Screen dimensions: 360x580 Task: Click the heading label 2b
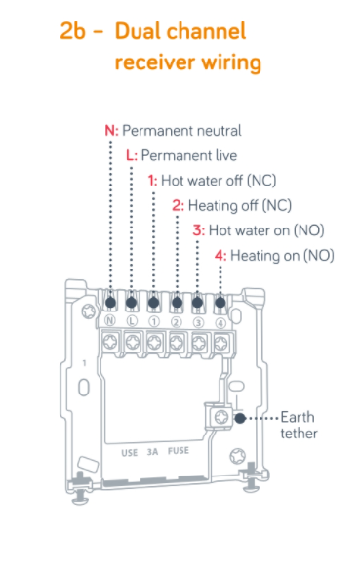pyautogui.click(x=73, y=31)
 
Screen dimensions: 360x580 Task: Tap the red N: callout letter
pyautogui.click(x=111, y=131)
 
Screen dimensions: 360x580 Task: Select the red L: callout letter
pyautogui.click(x=132, y=155)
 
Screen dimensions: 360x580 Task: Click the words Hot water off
pyautogui.click(x=202, y=181)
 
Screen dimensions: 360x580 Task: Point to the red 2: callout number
pyautogui.click(x=178, y=206)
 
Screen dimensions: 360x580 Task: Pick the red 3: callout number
pyautogui.click(x=198, y=230)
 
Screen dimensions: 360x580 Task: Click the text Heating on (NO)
pyautogui.click(x=282, y=256)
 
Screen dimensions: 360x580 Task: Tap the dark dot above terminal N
pyautogui.click(x=110, y=303)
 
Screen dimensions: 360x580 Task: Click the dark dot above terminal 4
pyautogui.click(x=220, y=303)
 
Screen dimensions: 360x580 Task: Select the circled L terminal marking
pyautogui.click(x=132, y=321)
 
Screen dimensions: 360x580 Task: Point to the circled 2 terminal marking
pyautogui.click(x=177, y=322)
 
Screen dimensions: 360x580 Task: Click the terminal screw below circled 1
pyautogui.click(x=154, y=342)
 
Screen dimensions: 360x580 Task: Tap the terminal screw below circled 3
pyautogui.click(x=199, y=344)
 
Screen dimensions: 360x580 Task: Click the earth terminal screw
pyautogui.click(x=221, y=417)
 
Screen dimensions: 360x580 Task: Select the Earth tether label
pyautogui.click(x=299, y=426)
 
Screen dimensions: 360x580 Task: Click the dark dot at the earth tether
pyautogui.click(x=240, y=418)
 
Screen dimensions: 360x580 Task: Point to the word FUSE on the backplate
pyautogui.click(x=179, y=451)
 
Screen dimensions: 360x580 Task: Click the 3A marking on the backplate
pyautogui.click(x=152, y=452)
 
